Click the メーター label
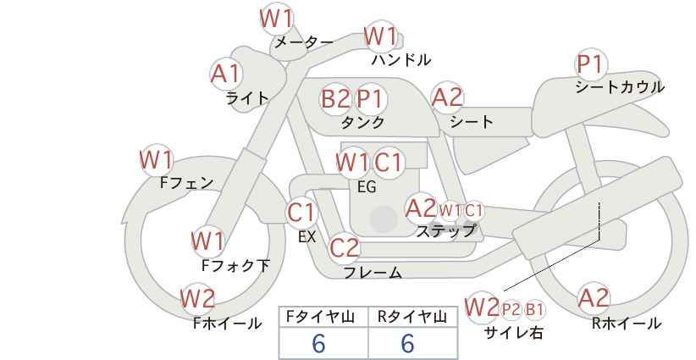pyautogui.click(x=304, y=42)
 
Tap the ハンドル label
pyautogui.click(x=401, y=59)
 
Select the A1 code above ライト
pyautogui.click(x=226, y=74)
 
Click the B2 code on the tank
pyautogui.click(x=335, y=98)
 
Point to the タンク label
pyautogui.click(x=362, y=122)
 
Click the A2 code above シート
pyautogui.click(x=447, y=97)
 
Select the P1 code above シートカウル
pyautogui.click(x=590, y=64)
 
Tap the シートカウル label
pyautogui.click(x=620, y=87)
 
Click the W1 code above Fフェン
pyautogui.click(x=156, y=160)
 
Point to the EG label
pyautogui.click(x=367, y=187)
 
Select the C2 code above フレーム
pyautogui.click(x=345, y=247)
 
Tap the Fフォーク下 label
pyautogui.click(x=235, y=265)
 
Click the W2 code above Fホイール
pyautogui.click(x=197, y=298)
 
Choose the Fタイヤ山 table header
pyautogui.click(x=320, y=317)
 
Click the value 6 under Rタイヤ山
pyautogui.click(x=407, y=343)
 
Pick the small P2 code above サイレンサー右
pyautogui.click(x=511, y=309)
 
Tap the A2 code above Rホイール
pyautogui.click(x=594, y=297)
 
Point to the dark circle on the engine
pyautogui.click(x=384, y=219)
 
